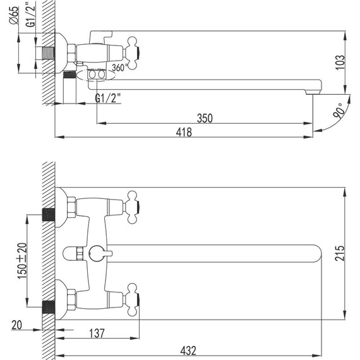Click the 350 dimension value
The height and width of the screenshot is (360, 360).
(x=205, y=117)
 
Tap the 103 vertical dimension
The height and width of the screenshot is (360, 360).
(x=340, y=61)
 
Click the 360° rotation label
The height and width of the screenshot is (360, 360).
(x=119, y=68)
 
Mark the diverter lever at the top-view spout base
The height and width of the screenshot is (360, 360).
(x=98, y=253)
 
